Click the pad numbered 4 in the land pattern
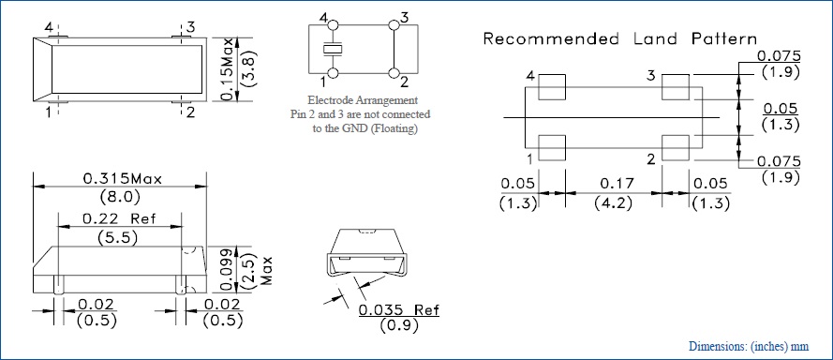tap(552, 87)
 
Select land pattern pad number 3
tap(676, 87)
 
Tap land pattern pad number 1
tap(552, 148)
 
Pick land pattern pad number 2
tap(676, 148)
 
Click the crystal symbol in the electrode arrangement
tap(333, 50)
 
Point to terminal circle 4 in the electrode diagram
tap(333, 25)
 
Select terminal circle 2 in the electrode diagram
tap(394, 73)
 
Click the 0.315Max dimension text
tap(122, 179)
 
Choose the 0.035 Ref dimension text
tap(399, 310)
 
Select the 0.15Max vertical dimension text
tap(228, 69)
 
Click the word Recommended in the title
tap(551, 39)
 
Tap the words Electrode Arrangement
tap(363, 100)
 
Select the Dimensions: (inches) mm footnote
tap(749, 347)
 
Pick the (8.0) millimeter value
tap(120, 197)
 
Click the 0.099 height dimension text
tap(228, 269)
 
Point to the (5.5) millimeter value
tap(117, 238)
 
